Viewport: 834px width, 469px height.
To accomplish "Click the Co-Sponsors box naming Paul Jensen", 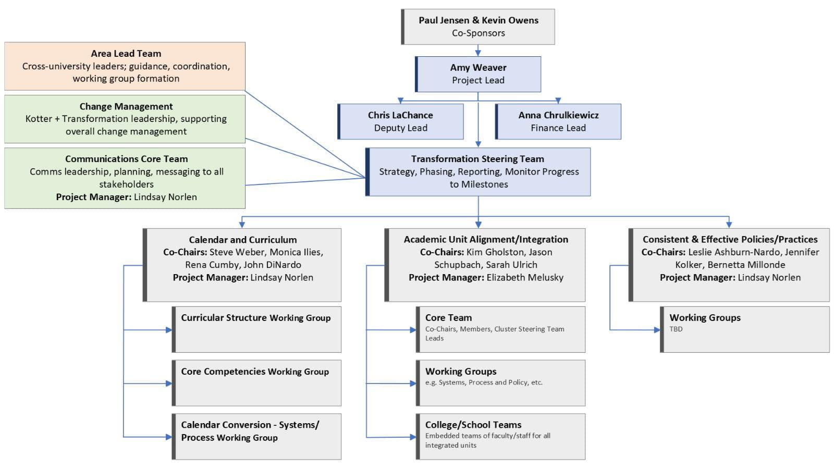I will coord(478,27).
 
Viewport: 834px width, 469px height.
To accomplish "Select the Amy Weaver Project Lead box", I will coord(478,74).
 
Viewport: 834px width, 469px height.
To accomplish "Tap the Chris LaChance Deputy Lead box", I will coord(400,121).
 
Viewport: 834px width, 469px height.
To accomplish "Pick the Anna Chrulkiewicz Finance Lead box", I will coord(558,121).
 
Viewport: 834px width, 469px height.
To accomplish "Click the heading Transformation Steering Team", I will coord(477,159).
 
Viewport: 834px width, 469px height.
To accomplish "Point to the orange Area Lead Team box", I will coord(125,66).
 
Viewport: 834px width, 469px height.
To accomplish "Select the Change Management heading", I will coord(126,106).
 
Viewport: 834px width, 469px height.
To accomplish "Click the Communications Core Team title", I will coord(126,159).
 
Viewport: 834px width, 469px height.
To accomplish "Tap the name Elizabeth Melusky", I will coord(525,277).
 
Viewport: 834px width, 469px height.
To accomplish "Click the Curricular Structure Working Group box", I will coord(256,329).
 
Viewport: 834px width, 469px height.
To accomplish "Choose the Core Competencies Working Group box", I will coord(256,382).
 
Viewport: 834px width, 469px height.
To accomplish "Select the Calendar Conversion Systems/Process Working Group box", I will coord(256,436).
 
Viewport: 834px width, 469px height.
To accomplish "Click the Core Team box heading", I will coord(448,317).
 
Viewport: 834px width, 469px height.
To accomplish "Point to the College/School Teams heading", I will coord(473,425).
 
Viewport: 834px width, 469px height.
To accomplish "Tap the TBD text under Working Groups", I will coord(676,329).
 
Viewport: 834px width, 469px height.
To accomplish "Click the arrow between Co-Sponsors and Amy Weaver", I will coord(478,51).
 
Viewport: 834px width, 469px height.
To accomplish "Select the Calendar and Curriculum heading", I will coord(243,240).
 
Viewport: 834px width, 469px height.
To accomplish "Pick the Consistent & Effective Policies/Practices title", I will coord(730,239).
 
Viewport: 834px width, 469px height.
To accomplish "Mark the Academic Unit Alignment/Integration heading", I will coord(486,239).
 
